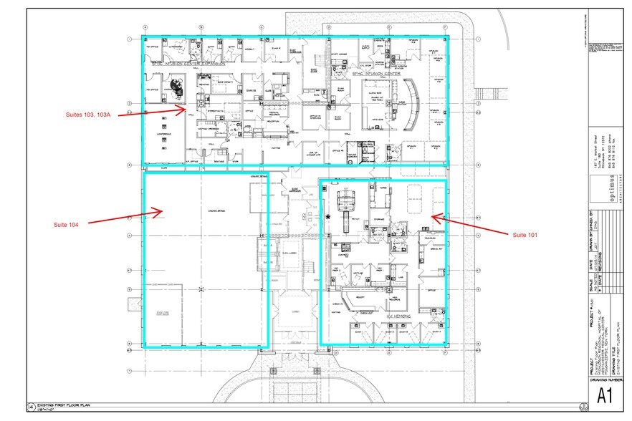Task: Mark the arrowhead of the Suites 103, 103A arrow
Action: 186,109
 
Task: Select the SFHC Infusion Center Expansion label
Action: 188,64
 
